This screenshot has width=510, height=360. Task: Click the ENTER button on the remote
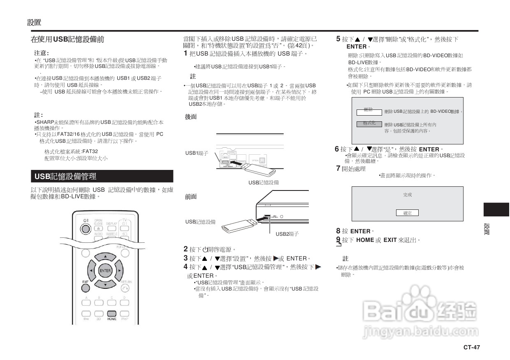(x=105, y=271)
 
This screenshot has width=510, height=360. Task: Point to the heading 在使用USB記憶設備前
(x=67, y=39)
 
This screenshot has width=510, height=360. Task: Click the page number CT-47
(x=471, y=347)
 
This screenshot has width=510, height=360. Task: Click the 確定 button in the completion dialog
(x=407, y=213)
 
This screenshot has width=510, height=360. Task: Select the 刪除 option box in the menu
(x=369, y=110)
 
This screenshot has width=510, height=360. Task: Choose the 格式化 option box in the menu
(x=369, y=123)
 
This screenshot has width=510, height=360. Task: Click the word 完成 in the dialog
(x=407, y=195)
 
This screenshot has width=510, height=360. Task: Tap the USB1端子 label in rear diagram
(x=197, y=153)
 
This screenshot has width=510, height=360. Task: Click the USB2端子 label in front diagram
(x=287, y=234)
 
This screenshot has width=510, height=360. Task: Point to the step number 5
(x=338, y=39)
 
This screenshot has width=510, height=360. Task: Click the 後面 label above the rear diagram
(x=191, y=117)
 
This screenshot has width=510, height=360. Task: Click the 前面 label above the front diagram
(x=191, y=197)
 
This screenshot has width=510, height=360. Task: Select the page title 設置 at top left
(x=34, y=22)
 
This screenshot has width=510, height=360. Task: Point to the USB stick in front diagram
(x=239, y=224)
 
